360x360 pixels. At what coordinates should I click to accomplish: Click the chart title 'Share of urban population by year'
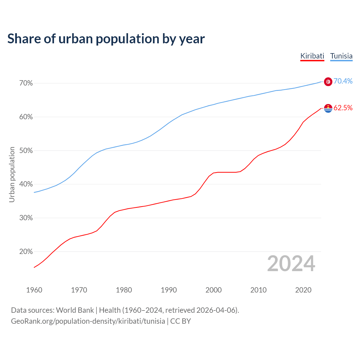coord(106,39)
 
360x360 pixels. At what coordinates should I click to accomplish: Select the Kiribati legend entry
coord(312,56)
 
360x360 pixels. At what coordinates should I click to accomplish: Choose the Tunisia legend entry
coord(341,56)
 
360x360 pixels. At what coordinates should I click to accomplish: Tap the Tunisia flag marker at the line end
coord(328,82)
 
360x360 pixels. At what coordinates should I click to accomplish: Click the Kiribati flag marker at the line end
coord(328,108)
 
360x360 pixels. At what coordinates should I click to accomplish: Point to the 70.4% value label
coord(343,81)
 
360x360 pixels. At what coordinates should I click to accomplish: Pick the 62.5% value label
coord(343,108)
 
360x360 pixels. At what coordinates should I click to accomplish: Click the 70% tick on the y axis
coord(26,83)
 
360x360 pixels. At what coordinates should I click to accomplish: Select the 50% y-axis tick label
coord(26,151)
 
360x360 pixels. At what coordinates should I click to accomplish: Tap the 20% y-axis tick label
coord(26,252)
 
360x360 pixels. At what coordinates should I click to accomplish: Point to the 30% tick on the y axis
coord(26,218)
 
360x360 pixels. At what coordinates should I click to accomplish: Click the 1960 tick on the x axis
coord(34,290)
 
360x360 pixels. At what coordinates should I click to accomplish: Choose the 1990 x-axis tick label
coord(169,290)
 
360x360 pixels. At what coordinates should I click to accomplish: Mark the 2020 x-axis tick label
coord(303,290)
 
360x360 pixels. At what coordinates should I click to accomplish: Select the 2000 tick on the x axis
coord(213,290)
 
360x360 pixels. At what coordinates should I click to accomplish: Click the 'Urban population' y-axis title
coord(12,174)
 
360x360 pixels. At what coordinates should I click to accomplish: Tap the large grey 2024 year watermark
coord(291,264)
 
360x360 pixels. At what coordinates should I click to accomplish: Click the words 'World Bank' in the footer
coord(75,310)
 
